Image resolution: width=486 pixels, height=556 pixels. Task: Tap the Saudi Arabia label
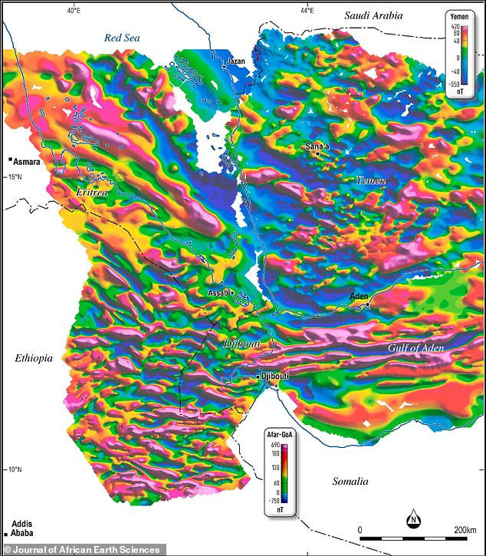(378, 15)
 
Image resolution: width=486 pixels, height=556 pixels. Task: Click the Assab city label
(218, 293)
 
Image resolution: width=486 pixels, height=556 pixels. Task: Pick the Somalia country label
(350, 482)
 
